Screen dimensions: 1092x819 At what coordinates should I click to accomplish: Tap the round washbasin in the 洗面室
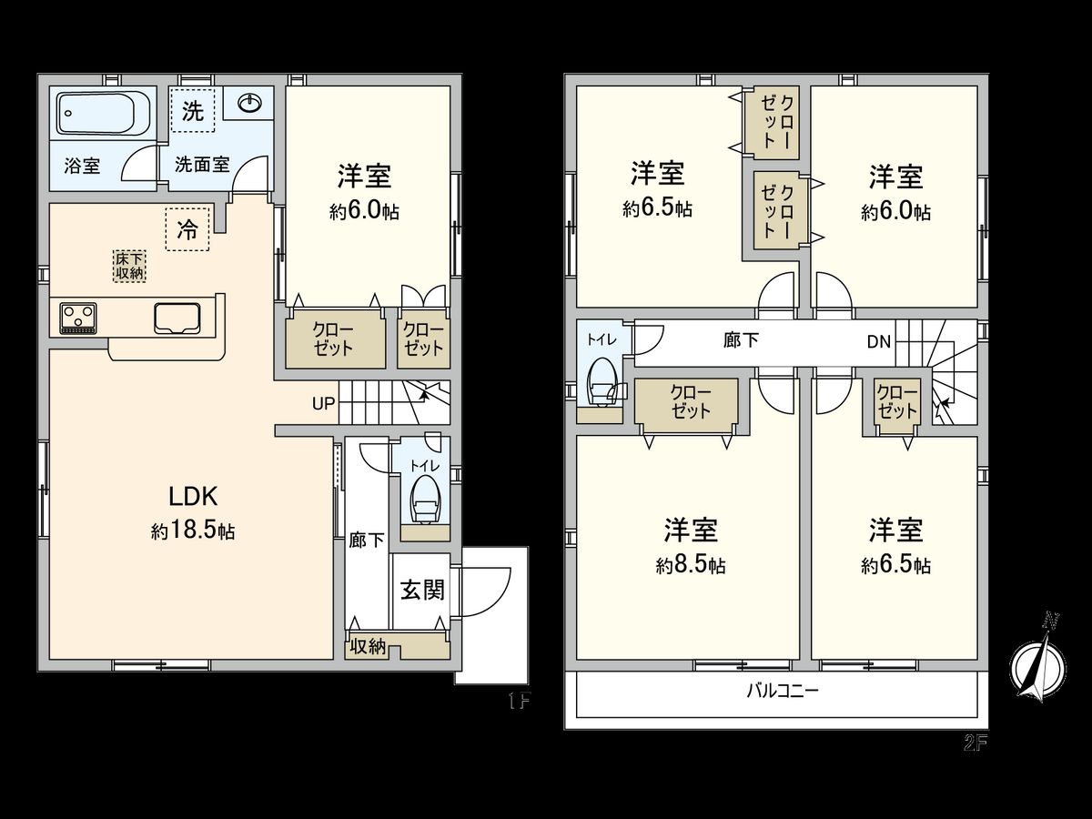pos(249,104)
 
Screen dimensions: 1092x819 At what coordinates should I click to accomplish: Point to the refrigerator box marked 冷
pos(187,229)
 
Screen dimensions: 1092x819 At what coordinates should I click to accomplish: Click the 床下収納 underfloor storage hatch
pos(129,266)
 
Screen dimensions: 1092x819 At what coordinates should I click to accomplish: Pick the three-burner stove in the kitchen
pos(78,318)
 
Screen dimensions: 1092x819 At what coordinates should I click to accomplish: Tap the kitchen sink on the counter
pos(177,318)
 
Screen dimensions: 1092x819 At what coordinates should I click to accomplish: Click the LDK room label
pos(193,497)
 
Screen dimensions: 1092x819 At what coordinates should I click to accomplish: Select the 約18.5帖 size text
pos(193,531)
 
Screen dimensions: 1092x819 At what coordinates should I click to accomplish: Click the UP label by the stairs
pos(323,403)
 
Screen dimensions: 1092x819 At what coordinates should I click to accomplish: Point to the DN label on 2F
pos(878,341)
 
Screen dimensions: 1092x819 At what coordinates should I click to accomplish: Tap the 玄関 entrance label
pos(422,591)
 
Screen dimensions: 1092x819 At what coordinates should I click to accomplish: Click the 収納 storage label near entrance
pos(369,646)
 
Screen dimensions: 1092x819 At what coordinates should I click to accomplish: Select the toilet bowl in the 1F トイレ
pos(424,500)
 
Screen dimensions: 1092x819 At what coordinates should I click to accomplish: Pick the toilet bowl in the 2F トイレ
pos(602,383)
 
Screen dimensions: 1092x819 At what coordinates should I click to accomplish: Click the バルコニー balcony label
pos(783,691)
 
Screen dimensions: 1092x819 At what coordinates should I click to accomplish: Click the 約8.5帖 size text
pos(691,566)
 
